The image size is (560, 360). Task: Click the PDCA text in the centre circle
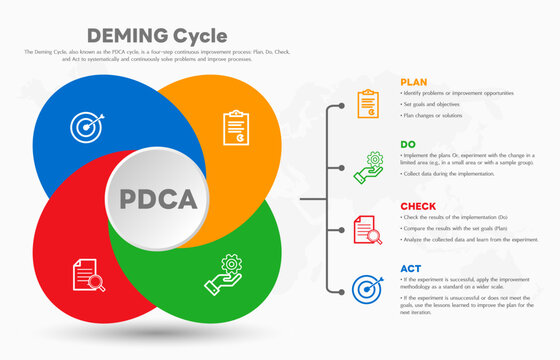[x=158, y=197]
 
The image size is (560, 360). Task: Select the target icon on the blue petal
[x=84, y=126]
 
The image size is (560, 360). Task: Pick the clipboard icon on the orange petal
[x=236, y=127]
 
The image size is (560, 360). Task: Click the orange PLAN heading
[x=414, y=82]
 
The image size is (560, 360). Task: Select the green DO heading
[x=408, y=144]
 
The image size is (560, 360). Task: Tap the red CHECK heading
[x=418, y=206]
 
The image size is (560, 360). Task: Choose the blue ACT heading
[x=410, y=268]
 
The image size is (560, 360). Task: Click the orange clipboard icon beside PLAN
[x=368, y=103]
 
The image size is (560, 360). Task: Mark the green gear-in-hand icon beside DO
[x=368, y=166]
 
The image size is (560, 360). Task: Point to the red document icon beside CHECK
[x=368, y=229]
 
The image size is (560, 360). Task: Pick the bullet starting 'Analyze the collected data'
[x=471, y=239]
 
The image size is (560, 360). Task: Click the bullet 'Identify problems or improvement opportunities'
[x=459, y=93]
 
